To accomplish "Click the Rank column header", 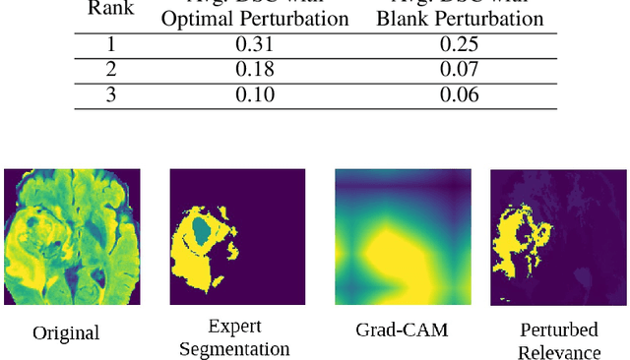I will pyautogui.click(x=110, y=8).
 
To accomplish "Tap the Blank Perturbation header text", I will pyautogui.click(x=461, y=19).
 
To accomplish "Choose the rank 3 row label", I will pyautogui.click(x=110, y=94).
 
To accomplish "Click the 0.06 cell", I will pyautogui.click(x=461, y=94).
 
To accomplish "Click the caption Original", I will pyautogui.click(x=66, y=332).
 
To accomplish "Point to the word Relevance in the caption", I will pyautogui.click(x=558, y=351).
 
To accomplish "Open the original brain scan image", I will pyautogui.click(x=72, y=236).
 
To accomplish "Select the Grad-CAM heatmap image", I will pyautogui.click(x=403, y=236).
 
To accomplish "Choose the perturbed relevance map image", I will pyautogui.click(x=558, y=236).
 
